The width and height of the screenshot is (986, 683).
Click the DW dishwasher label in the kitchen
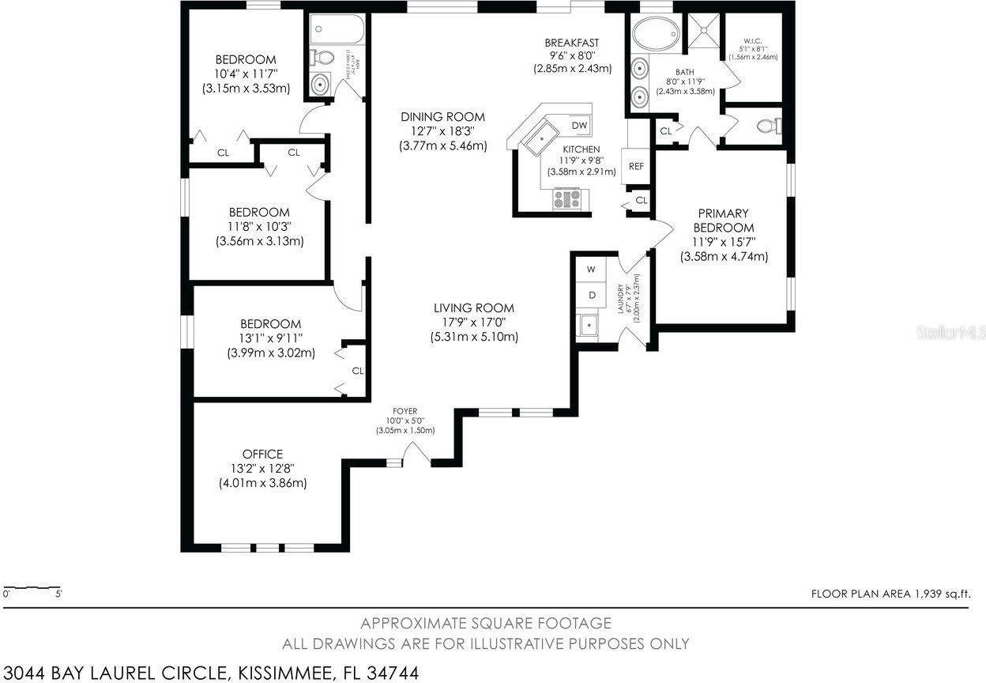(579, 126)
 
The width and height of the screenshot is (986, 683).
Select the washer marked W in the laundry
(589, 270)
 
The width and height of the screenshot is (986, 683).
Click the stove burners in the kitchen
(567, 198)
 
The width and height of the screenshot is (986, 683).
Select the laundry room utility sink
(588, 324)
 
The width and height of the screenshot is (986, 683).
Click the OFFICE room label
(262, 454)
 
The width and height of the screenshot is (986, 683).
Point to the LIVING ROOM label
(473, 308)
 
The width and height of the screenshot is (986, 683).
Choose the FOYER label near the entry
(405, 411)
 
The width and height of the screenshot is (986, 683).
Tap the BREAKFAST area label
(572, 43)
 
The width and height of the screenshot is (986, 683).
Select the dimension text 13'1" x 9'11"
(270, 338)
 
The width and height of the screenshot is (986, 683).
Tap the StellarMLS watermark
(950, 333)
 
